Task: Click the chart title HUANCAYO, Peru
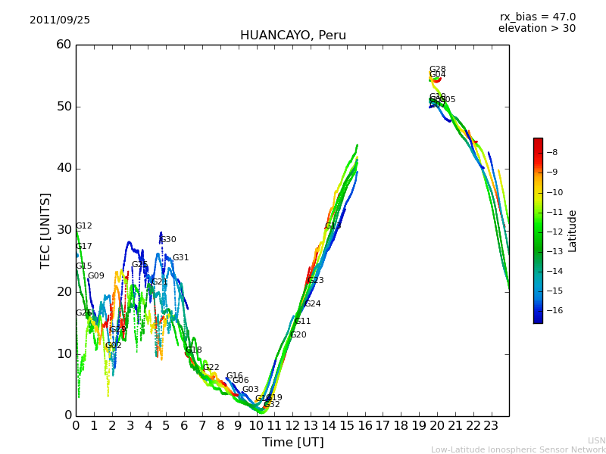[x=292, y=36]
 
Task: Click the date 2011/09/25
[x=60, y=20]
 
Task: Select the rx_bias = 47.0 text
[x=537, y=17]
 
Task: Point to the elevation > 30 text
[x=536, y=29]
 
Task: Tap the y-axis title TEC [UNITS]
[x=45, y=230]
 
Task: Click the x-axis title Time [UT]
[x=292, y=443]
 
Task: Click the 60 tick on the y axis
[x=63, y=45]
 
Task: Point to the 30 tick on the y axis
[x=63, y=230]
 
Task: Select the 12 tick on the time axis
[x=292, y=426]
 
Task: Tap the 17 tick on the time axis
[x=383, y=426]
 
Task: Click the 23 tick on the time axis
[x=491, y=426]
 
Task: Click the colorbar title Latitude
[x=573, y=231]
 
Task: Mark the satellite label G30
[x=168, y=240]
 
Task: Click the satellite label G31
[x=180, y=258]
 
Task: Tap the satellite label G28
[x=437, y=70]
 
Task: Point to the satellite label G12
[x=84, y=226]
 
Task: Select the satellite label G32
[x=272, y=405]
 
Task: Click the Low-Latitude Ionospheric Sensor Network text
[x=518, y=450]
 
